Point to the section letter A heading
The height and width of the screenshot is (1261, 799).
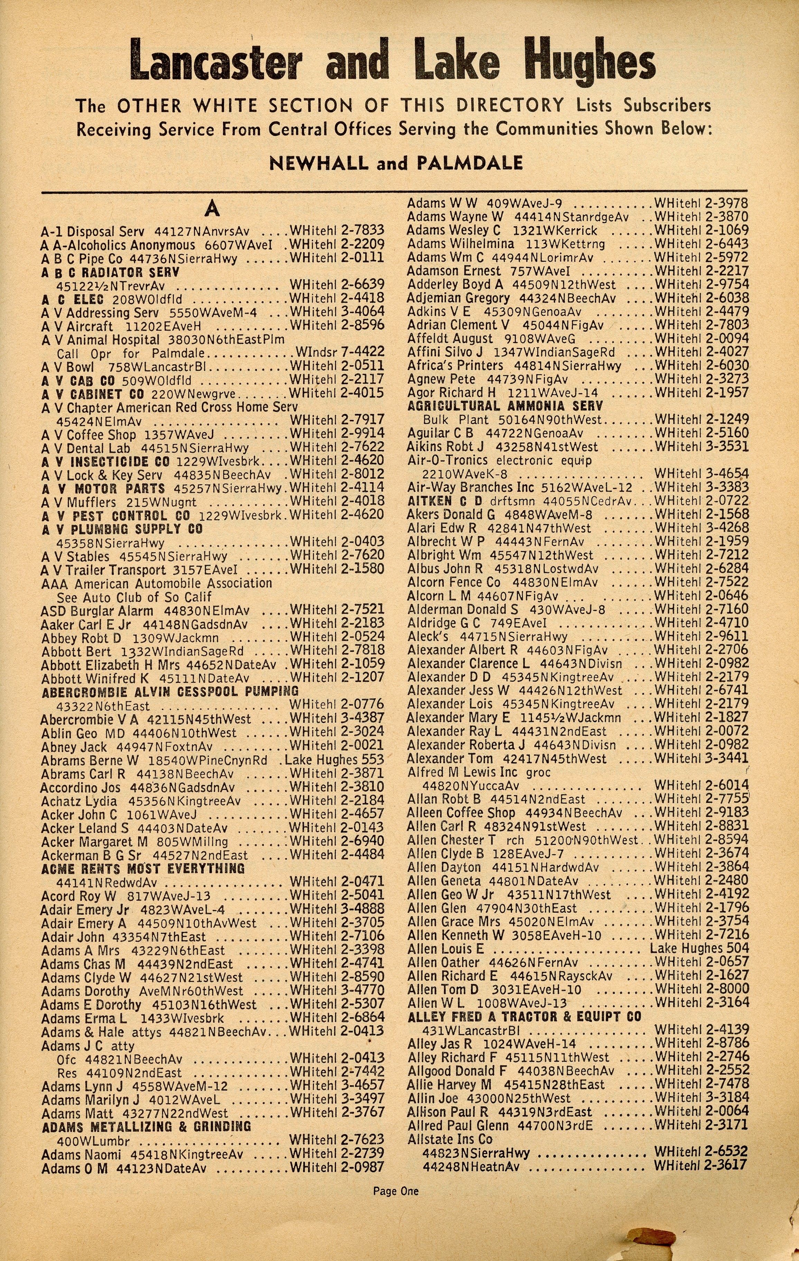click(212, 209)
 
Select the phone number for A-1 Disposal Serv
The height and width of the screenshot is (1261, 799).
click(337, 230)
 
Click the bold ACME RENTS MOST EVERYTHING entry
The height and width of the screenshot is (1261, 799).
click(143, 869)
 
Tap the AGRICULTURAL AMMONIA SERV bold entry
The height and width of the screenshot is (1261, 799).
click(505, 406)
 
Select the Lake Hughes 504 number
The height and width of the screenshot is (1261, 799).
click(699, 948)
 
